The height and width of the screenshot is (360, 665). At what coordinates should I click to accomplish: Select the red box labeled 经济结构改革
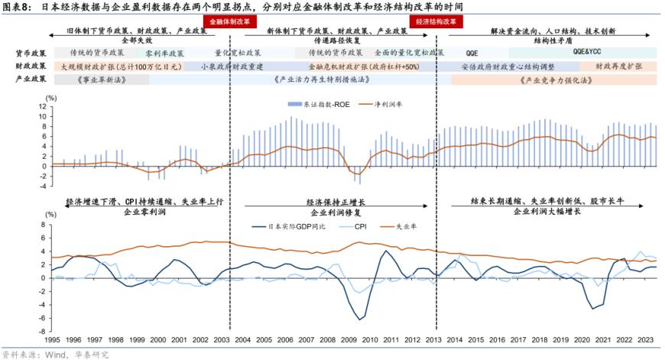[436, 22]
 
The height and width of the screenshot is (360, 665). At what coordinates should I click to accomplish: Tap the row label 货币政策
[31, 54]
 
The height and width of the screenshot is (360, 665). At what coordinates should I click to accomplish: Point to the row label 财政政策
[31, 66]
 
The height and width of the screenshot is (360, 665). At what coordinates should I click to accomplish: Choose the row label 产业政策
[31, 79]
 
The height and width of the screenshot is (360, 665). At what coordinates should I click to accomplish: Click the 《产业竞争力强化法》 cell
[553, 79]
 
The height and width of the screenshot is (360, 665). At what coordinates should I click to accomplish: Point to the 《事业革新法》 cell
[98, 79]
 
